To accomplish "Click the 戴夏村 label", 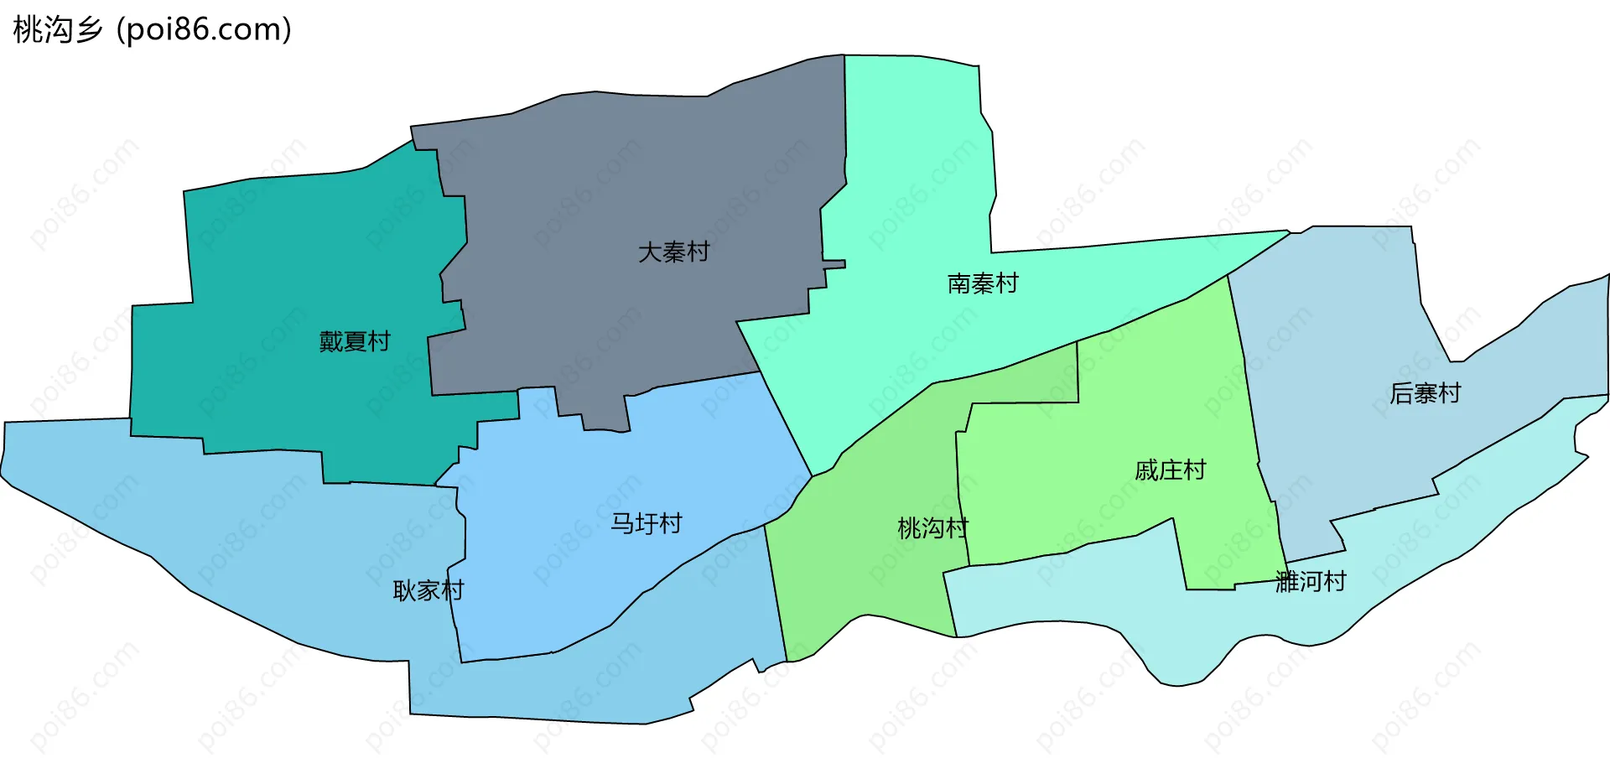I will click(355, 341).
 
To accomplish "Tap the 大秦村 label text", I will click(673, 252).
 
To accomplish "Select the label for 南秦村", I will click(983, 283).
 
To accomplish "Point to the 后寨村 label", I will click(1425, 392).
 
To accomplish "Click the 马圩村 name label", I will click(646, 523).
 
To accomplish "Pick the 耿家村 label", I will click(428, 590).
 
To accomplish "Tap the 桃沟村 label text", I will click(932, 528).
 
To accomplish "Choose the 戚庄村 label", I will click(1170, 470).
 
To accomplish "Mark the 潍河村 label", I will click(1310, 581).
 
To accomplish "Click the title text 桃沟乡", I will click(57, 29).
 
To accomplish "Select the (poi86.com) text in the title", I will click(204, 29).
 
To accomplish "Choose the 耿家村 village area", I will click(252, 545).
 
